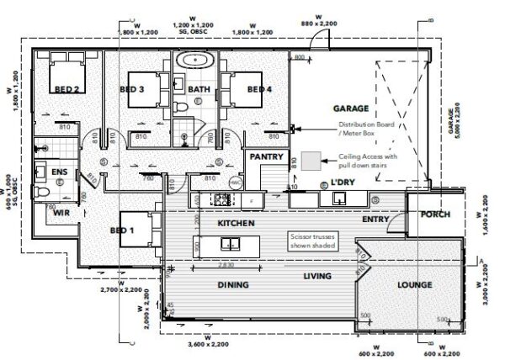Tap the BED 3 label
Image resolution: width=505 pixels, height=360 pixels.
tap(131, 89)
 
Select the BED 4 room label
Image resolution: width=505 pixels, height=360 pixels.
tap(258, 89)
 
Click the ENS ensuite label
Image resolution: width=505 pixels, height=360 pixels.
tap(59, 173)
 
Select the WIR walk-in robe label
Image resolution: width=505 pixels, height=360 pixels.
tap(60, 214)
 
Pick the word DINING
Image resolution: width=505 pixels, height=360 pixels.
tap(234, 285)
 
